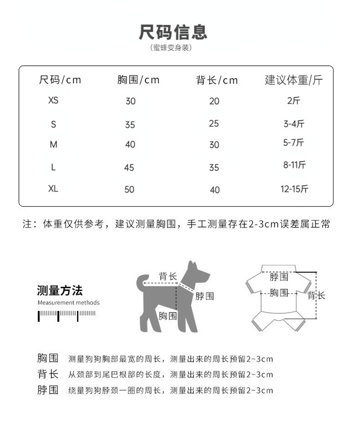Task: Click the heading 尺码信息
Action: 173,31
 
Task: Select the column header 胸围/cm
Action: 138,80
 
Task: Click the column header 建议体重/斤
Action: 294,80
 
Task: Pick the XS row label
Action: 54,100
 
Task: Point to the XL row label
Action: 54,189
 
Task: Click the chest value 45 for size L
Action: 129,168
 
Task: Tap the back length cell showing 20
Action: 215,101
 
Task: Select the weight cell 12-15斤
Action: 295,189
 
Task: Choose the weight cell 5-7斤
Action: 294,143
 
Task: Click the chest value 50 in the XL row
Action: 130,190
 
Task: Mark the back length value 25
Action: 214,124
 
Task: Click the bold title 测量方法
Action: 60,291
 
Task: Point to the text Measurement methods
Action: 69,303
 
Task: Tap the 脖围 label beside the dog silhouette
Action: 205,296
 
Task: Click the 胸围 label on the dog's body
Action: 168,315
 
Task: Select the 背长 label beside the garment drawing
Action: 317,295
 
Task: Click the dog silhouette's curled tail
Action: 142,281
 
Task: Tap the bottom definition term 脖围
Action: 48,390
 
